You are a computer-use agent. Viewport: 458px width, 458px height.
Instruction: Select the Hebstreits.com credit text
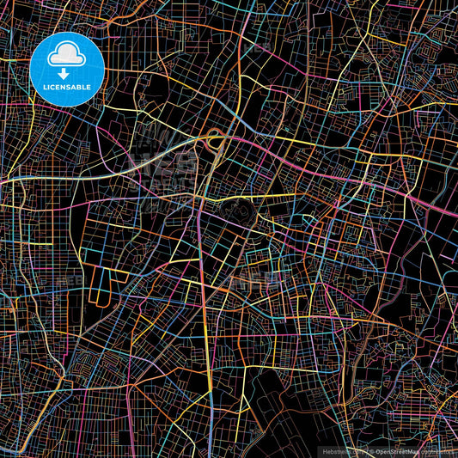point(341,451)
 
